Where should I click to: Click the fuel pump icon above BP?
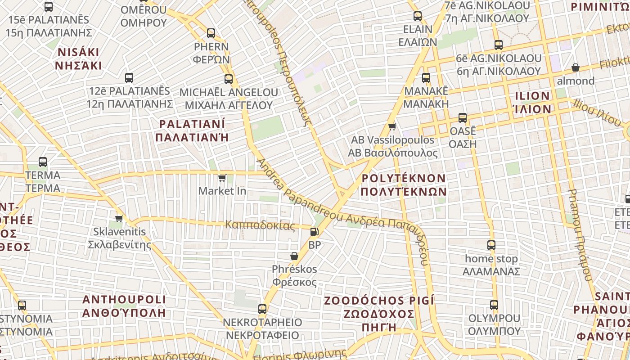point(314,232)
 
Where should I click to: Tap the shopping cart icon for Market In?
point(221,178)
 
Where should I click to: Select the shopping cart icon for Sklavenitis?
point(119,218)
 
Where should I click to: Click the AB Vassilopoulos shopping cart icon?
point(392,126)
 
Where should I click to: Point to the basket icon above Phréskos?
point(294,256)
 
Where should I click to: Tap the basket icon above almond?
point(575,68)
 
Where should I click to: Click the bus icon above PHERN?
point(211,33)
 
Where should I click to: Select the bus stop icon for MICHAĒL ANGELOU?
point(229,79)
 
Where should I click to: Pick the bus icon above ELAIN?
point(418,16)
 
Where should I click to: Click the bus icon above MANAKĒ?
point(426,77)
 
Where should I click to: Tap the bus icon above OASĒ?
point(463,118)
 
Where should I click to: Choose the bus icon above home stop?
point(491,245)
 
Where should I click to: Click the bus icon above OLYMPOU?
point(494,305)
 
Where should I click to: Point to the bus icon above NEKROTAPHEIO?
point(262,309)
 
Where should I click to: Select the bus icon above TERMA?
point(43,162)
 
